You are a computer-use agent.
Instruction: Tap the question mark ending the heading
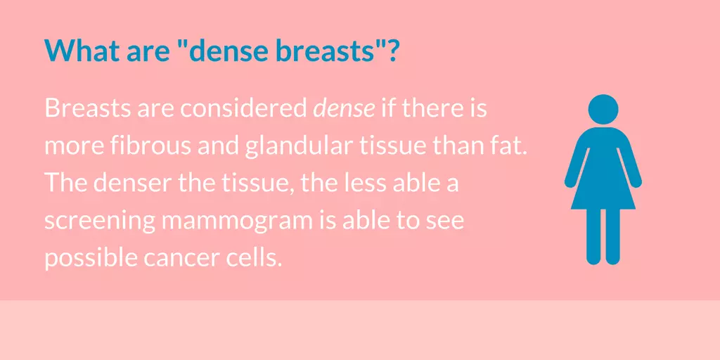390,50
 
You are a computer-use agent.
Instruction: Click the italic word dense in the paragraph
344,109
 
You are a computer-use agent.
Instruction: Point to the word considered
243,109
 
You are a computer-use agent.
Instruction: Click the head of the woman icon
603,109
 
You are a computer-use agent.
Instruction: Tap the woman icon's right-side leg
613,236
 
